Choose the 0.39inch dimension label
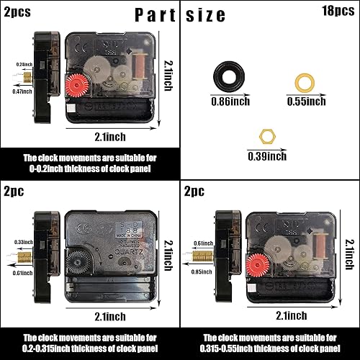click(x=266, y=156)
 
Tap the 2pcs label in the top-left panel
click(x=17, y=12)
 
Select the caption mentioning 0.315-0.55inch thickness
click(x=270, y=341)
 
